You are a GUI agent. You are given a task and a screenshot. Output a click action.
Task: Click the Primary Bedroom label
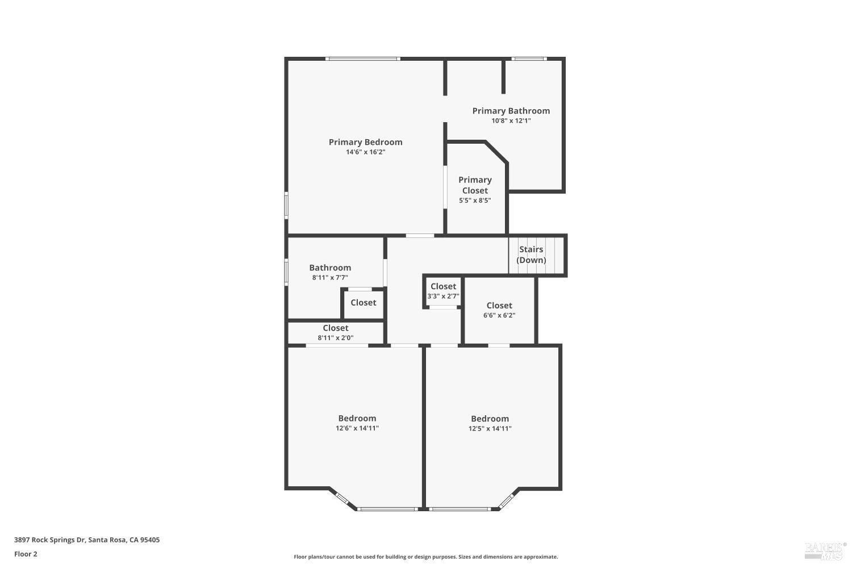(365, 142)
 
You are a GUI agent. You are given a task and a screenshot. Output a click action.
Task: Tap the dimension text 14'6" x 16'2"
(365, 152)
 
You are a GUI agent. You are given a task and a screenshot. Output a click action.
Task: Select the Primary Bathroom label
(511, 111)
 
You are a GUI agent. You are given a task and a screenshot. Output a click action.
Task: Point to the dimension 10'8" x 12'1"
(511, 121)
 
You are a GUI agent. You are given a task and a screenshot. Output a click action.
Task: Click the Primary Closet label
(475, 185)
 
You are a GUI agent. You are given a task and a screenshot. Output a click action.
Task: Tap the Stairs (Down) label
(531, 254)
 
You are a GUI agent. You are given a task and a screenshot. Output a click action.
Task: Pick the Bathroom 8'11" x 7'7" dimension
(330, 278)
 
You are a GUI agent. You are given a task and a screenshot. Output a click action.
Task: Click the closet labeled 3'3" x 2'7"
(443, 291)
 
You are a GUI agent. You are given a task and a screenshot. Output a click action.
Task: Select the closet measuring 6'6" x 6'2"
(499, 310)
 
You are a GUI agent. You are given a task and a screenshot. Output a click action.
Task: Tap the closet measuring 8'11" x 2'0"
(336, 332)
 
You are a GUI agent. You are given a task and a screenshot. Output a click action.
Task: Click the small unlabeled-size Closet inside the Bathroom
(364, 303)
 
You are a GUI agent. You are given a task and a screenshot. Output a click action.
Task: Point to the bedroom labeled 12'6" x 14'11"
(357, 423)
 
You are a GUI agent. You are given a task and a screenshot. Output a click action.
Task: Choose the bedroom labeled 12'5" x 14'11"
(490, 423)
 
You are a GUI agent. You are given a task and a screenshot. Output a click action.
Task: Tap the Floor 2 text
(26, 554)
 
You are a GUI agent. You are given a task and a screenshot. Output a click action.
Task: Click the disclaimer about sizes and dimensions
(425, 557)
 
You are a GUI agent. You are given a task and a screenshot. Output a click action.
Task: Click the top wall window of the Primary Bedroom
(363, 59)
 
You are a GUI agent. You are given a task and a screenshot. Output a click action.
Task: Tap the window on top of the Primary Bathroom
(529, 59)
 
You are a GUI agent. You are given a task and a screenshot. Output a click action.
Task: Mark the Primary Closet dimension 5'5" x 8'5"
(475, 201)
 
